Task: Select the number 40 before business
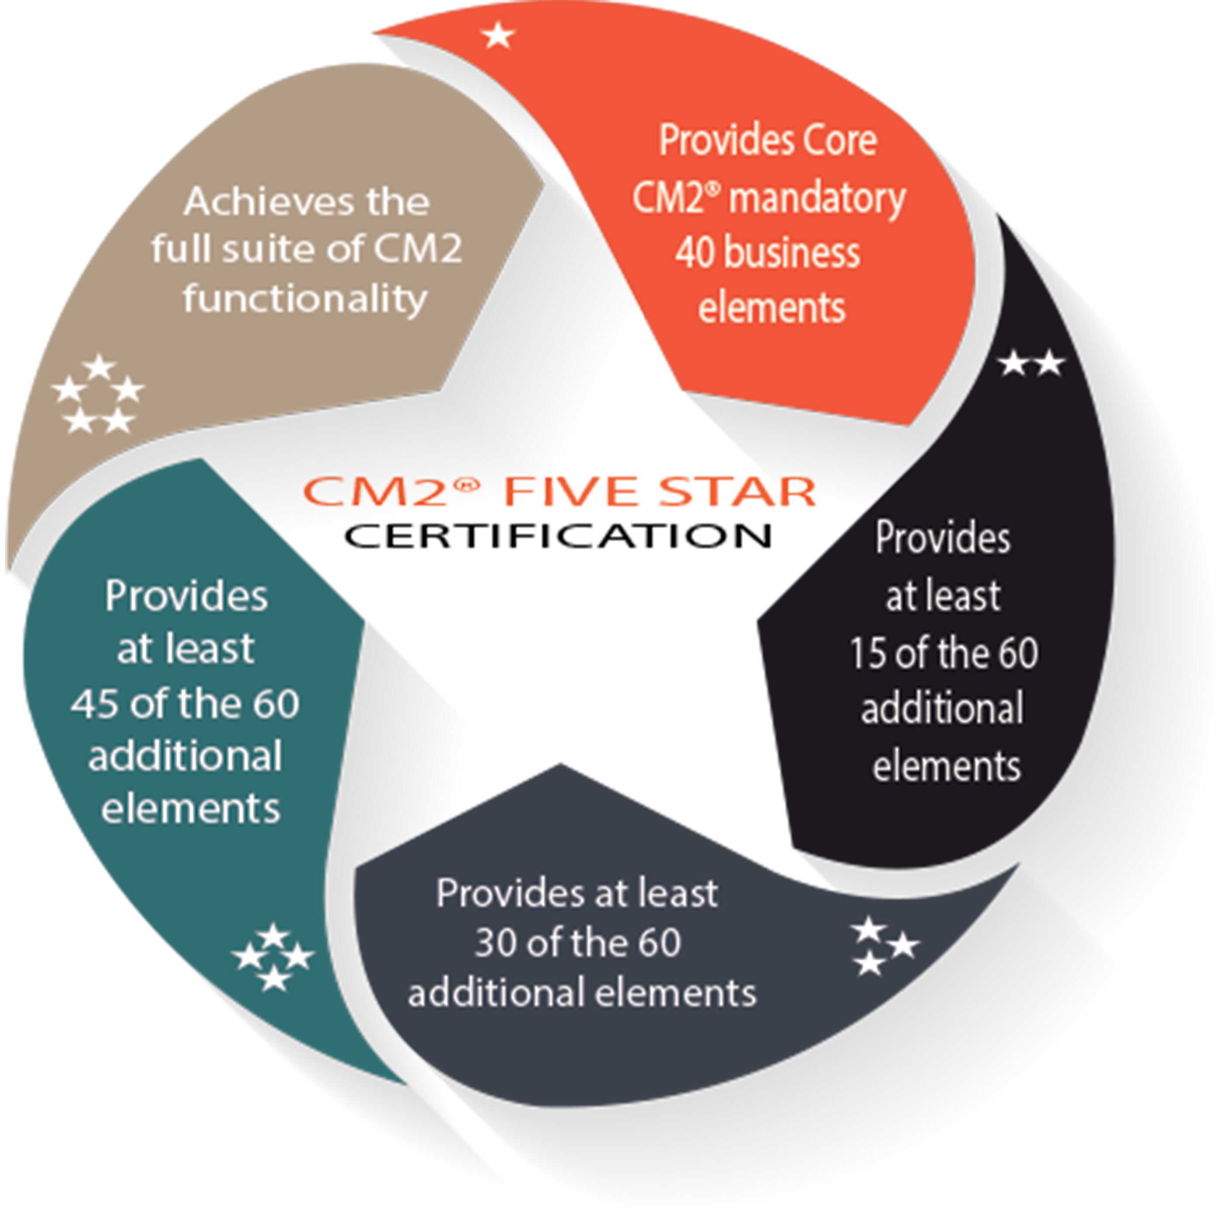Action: (694, 253)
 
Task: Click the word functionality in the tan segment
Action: (306, 298)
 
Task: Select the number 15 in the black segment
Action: (867, 653)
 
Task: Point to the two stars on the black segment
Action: (1031, 364)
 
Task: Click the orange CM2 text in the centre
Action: (392, 491)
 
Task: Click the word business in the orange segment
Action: (791, 253)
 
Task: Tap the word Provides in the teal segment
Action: (186, 596)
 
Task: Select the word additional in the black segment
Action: (942, 708)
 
